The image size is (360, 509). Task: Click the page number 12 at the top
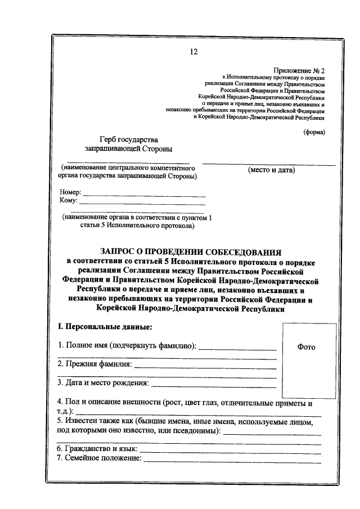pos(193,52)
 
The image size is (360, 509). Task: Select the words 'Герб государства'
pos(129,139)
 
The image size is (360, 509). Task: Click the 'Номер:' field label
pos(70,192)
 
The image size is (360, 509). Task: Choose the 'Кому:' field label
pos(69,201)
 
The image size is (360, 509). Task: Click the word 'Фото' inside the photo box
pos(306,347)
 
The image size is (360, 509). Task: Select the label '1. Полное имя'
pos(82,345)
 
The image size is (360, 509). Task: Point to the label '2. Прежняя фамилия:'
pos(94,364)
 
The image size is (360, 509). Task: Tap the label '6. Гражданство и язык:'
pos(97,449)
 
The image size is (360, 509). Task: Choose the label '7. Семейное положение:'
pos(99,459)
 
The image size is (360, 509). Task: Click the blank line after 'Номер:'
pos(144,196)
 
